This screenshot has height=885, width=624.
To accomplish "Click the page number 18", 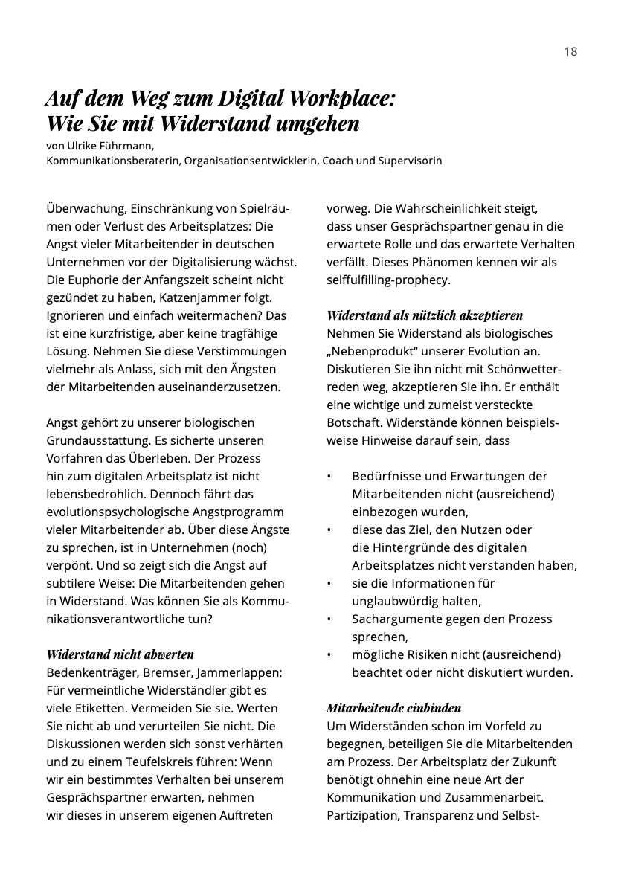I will tap(570, 51).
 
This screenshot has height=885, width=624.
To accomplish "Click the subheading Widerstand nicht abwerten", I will tap(120, 654).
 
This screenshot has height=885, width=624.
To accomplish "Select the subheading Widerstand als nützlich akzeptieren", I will tap(425, 315).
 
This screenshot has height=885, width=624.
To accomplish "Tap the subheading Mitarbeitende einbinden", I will tap(394, 708).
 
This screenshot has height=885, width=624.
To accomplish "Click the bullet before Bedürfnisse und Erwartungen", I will tap(329, 476).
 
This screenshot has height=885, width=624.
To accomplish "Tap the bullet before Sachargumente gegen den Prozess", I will tap(329, 619).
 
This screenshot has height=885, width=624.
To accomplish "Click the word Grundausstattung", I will tap(97, 440).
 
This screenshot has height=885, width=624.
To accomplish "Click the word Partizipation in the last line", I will tap(362, 815).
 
